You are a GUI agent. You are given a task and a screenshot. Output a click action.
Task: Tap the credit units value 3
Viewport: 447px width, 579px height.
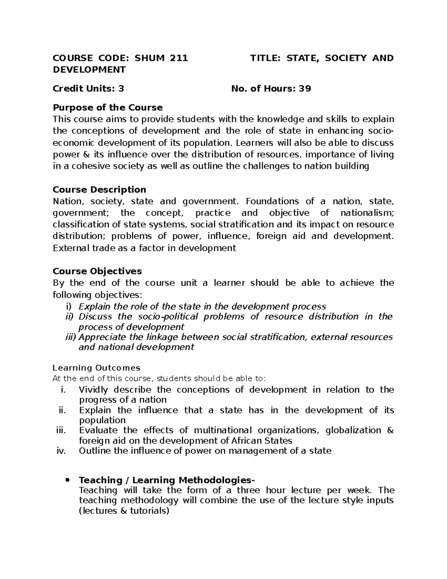pyautogui.click(x=121, y=89)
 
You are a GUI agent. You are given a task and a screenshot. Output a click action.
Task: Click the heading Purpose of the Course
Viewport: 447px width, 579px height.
pyautogui.click(x=108, y=108)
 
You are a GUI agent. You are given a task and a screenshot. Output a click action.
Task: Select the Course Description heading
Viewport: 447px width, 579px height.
pyautogui.click(x=99, y=190)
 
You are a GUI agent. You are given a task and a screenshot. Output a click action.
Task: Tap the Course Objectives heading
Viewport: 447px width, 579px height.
pyautogui.click(x=97, y=271)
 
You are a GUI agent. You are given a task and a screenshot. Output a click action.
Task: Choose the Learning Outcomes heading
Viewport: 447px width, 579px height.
pyautogui.click(x=96, y=368)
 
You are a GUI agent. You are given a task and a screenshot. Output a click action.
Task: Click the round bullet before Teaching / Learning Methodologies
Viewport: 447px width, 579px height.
pyautogui.click(x=67, y=480)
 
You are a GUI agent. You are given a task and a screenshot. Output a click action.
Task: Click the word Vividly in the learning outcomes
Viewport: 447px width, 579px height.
pyautogui.click(x=93, y=390)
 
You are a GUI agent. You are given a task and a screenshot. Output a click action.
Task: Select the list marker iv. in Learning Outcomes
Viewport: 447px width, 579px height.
pyautogui.click(x=60, y=451)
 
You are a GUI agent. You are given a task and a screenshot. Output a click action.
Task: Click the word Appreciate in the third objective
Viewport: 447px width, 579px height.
pyautogui.click(x=102, y=337)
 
